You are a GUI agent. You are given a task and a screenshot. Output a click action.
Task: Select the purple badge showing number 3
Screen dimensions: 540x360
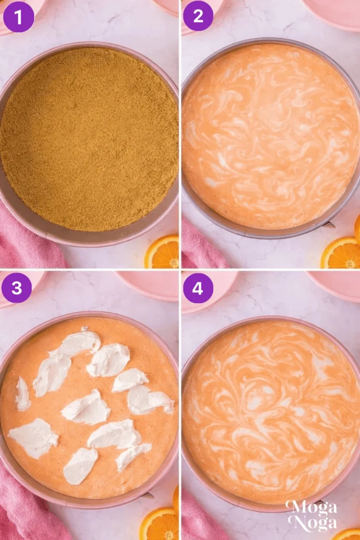16,287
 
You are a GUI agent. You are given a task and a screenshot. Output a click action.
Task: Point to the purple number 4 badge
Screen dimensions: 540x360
198,287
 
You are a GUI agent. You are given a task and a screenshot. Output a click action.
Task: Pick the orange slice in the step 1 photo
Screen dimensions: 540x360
163,253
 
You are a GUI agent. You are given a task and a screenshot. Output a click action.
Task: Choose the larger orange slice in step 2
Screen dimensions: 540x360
342,254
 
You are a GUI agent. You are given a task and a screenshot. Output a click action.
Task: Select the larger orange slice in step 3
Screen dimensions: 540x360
159,524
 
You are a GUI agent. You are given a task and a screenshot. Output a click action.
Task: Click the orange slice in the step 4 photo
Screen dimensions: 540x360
348,534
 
